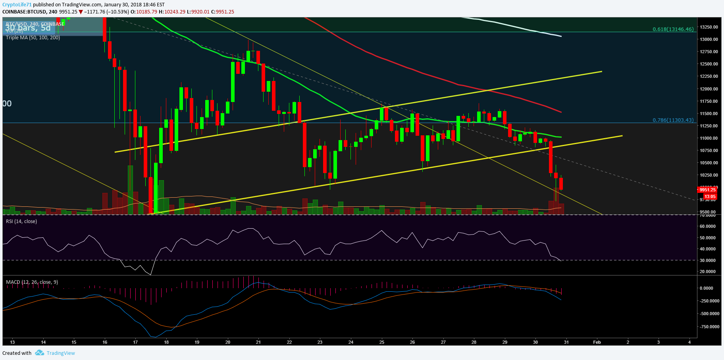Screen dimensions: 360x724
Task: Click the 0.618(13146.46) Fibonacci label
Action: (x=673, y=29)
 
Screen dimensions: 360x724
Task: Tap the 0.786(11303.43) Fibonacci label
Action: (x=673, y=120)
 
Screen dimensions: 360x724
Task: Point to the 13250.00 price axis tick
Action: (x=709, y=27)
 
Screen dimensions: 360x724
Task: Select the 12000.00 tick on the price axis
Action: (x=709, y=89)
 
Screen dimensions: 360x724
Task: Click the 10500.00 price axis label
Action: (x=709, y=163)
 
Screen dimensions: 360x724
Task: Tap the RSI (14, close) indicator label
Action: (x=21, y=221)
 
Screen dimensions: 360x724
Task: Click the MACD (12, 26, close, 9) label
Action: (x=32, y=282)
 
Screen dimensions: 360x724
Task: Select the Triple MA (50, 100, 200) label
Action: (x=33, y=38)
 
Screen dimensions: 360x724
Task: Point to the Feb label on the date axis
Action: (x=597, y=342)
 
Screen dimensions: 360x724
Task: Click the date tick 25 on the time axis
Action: (x=382, y=342)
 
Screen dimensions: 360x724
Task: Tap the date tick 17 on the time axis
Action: (x=135, y=342)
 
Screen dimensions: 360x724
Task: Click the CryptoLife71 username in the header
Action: (x=17, y=5)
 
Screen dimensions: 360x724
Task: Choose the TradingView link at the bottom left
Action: (x=61, y=353)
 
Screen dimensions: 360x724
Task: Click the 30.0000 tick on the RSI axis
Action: (x=708, y=260)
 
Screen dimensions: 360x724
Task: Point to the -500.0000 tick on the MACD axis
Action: (x=709, y=314)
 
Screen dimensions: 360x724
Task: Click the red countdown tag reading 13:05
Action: (x=710, y=196)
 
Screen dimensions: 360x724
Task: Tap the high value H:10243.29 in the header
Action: (x=172, y=12)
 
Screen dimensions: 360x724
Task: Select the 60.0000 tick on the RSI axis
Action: (x=708, y=226)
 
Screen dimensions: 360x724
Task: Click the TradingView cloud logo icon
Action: (x=39, y=353)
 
